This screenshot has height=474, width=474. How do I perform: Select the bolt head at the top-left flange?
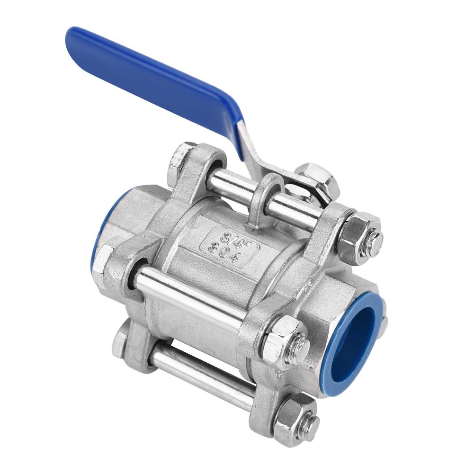click(180, 161)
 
